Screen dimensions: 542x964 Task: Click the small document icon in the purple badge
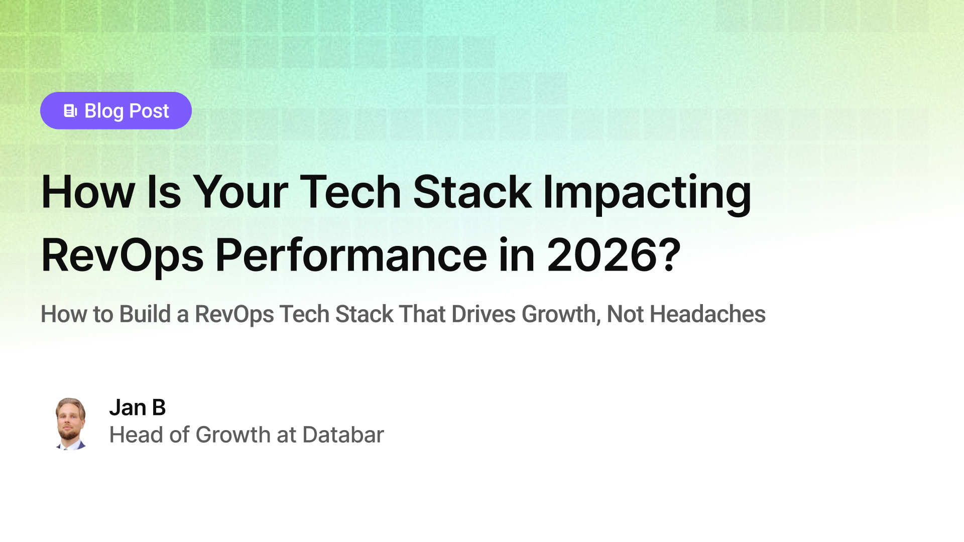point(70,111)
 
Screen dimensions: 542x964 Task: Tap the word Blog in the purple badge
point(104,111)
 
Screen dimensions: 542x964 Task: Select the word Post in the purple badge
point(149,111)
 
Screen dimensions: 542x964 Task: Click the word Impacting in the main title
point(647,193)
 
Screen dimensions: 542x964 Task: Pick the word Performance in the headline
point(351,255)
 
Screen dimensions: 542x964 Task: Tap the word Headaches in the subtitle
point(707,314)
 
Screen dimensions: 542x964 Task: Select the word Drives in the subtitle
point(484,314)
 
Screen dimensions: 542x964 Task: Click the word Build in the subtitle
point(145,314)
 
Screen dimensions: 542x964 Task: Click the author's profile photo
point(70,424)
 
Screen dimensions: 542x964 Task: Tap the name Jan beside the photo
point(128,408)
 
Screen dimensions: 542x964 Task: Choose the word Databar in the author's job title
point(343,435)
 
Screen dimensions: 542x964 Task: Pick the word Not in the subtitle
point(625,314)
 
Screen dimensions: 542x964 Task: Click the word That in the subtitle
point(422,314)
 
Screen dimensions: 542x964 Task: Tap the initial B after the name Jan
point(159,408)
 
